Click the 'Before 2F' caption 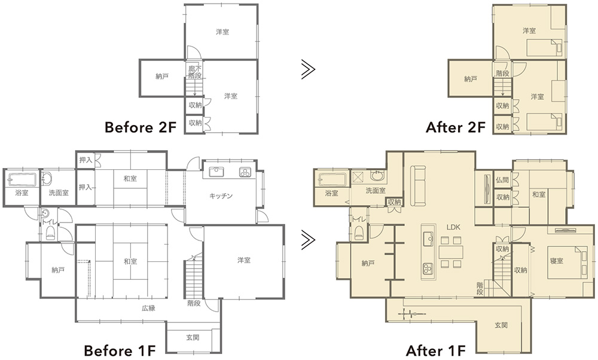[x=141, y=127]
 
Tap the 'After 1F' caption [x=436, y=350]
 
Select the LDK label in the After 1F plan [x=453, y=227]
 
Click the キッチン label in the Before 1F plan [x=221, y=196]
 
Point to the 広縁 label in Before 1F [x=148, y=308]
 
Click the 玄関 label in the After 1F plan [x=501, y=325]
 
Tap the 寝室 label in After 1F [x=556, y=261]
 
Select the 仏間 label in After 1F [x=503, y=180]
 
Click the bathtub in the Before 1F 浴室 [x=22, y=179]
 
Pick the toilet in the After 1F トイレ [x=358, y=232]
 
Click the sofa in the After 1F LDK [x=418, y=185]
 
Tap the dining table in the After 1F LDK [x=451, y=252]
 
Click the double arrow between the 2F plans [x=308, y=69]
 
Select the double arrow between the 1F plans [x=308, y=240]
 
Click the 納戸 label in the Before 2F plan [x=162, y=77]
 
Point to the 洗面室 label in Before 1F [x=59, y=193]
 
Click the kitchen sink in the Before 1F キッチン [x=216, y=172]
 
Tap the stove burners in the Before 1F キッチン [x=245, y=172]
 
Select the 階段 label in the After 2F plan [x=503, y=73]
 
